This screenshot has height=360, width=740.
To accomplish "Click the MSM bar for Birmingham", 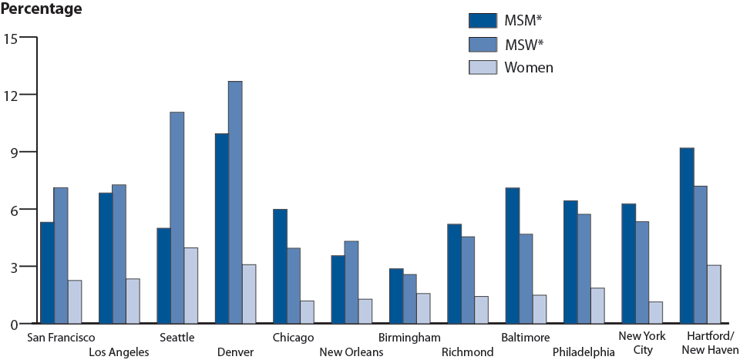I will tap(396, 296).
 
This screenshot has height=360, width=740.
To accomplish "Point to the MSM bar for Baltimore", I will tap(513, 255).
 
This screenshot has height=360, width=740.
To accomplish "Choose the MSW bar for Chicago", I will tap(293, 285).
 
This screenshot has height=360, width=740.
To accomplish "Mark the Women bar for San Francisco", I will tap(74, 301).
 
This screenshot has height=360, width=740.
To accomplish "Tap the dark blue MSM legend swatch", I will tap(482, 20).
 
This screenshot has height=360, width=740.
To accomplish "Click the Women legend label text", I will tap(529, 68).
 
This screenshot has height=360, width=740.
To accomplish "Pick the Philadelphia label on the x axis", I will tap(583, 352).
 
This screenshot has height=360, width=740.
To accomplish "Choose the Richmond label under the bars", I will tap(467, 352).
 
